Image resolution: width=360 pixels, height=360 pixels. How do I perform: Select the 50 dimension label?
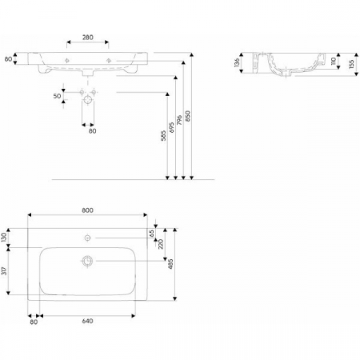tap(58, 96)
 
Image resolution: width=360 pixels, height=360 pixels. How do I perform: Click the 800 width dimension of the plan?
tap(88, 210)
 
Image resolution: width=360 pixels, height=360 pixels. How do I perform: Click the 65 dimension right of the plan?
tap(151, 234)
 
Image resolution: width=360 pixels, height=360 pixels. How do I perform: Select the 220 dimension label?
tap(161, 243)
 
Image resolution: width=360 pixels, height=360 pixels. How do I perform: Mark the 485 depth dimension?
tap(170, 264)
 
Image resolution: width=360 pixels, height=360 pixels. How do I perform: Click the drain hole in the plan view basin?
tap(88, 261)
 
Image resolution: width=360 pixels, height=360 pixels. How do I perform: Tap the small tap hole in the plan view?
tap(88, 238)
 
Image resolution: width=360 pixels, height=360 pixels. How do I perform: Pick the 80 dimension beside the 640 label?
tap(34, 322)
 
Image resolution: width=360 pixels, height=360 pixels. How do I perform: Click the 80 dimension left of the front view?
tap(7, 59)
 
